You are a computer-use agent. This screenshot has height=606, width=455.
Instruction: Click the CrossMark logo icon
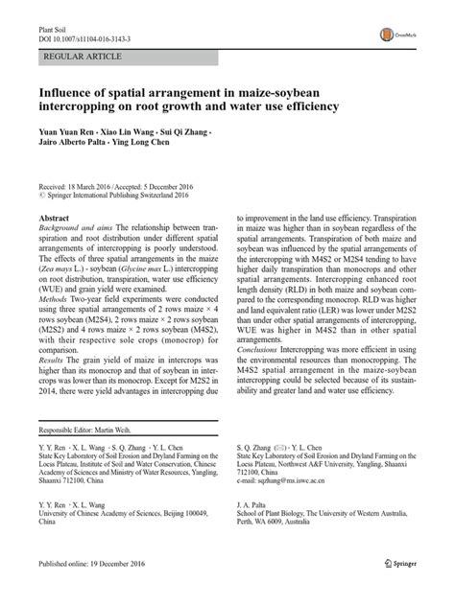(395, 29)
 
